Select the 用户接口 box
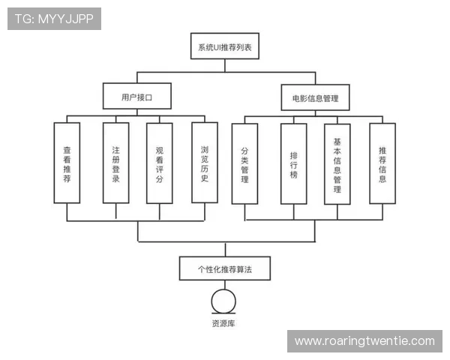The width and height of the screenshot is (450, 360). point(137,97)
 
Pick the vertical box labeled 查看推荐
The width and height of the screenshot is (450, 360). point(67,163)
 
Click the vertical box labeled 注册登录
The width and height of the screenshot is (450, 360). point(115,163)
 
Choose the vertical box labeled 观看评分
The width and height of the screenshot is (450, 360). point(159,163)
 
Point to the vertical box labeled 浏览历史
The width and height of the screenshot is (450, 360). point(204,163)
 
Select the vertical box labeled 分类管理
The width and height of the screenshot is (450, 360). point(244,163)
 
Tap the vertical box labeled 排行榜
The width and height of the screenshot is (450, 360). point(293,163)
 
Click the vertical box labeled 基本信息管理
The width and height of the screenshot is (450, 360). point(337,163)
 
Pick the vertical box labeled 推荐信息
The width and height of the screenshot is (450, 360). point(382,163)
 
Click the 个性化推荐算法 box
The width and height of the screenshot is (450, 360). point(224,268)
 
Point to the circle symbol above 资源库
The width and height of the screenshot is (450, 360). point(223,301)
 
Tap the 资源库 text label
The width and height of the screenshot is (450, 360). point(223,324)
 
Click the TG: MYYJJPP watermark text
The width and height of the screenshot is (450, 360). point(54,19)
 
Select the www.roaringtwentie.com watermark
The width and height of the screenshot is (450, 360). point(364,341)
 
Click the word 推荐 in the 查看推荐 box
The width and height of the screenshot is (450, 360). point(67,174)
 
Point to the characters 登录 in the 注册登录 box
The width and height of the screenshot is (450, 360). point(115,174)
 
